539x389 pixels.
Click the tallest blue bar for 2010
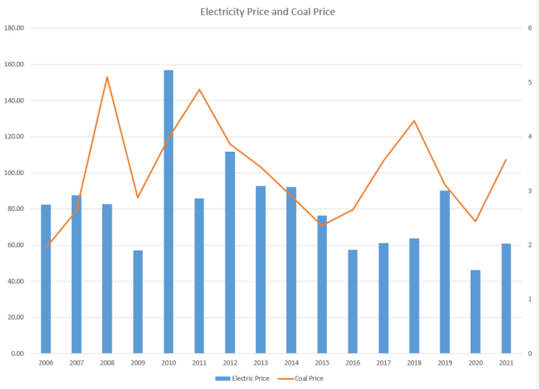(x=168, y=212)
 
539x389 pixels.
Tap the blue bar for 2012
(x=230, y=252)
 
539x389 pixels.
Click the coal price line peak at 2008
(x=107, y=77)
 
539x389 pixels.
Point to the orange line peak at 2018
(x=414, y=120)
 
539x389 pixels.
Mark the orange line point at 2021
(x=507, y=160)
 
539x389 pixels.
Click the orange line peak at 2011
(x=199, y=90)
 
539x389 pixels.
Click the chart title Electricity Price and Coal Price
(x=269, y=13)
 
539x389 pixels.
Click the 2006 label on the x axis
(x=45, y=363)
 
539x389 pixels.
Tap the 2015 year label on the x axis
(x=322, y=363)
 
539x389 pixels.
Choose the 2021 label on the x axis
(x=507, y=363)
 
